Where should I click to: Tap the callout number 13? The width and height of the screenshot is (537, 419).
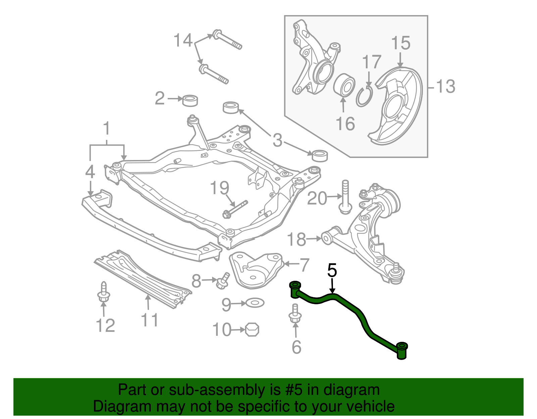[x=445, y=87]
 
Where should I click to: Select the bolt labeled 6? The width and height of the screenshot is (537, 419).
[x=295, y=315]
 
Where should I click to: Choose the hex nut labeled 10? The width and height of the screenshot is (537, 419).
[x=252, y=329]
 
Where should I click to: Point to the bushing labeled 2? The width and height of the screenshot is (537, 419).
[x=190, y=100]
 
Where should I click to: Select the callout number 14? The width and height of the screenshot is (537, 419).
[x=183, y=41]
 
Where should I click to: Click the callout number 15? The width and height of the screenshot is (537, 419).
[x=401, y=43]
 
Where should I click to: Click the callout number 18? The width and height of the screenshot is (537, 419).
[x=297, y=239]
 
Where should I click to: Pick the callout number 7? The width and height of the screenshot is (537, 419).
[x=304, y=265]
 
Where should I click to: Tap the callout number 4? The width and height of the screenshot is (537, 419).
[x=90, y=172]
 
